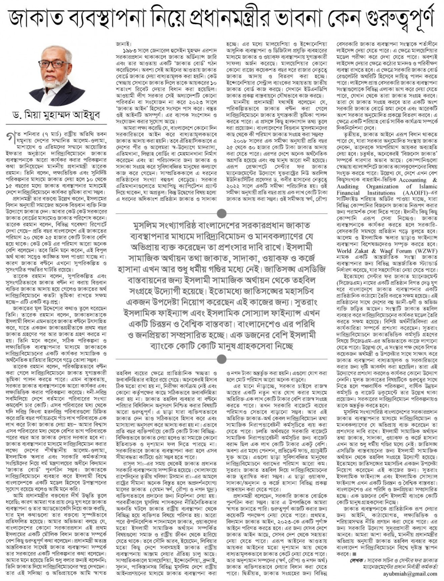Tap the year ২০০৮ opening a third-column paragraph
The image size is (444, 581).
pos(240,142)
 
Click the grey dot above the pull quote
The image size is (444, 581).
pos(222,213)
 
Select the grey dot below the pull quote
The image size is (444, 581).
pos(222,359)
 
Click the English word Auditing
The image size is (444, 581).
pos(348,187)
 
